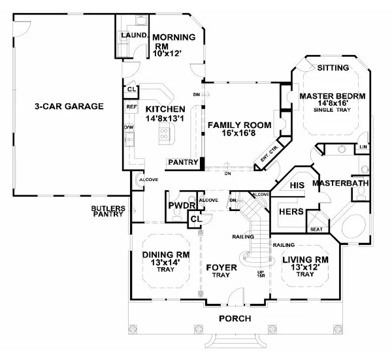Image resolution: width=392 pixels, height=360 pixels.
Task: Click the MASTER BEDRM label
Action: [x=332, y=96]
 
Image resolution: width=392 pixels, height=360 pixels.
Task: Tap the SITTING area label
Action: [x=333, y=68]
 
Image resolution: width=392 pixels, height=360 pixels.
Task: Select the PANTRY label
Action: [x=184, y=161]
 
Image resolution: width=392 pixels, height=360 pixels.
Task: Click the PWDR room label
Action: [x=178, y=206]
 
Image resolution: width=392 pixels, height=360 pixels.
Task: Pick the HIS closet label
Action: [x=297, y=186]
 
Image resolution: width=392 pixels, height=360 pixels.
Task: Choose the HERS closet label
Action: [x=292, y=212]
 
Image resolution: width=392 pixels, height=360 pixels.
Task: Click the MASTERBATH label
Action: [x=340, y=184]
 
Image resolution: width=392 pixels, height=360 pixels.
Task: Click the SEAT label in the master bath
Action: [x=316, y=229]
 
